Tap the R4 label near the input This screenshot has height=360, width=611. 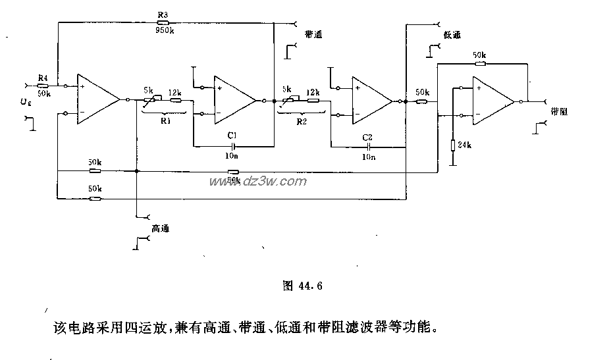43,78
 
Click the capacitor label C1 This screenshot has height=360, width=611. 232,134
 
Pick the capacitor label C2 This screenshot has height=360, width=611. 368,137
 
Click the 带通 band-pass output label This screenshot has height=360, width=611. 313,34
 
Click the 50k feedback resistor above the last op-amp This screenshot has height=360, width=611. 479,64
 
